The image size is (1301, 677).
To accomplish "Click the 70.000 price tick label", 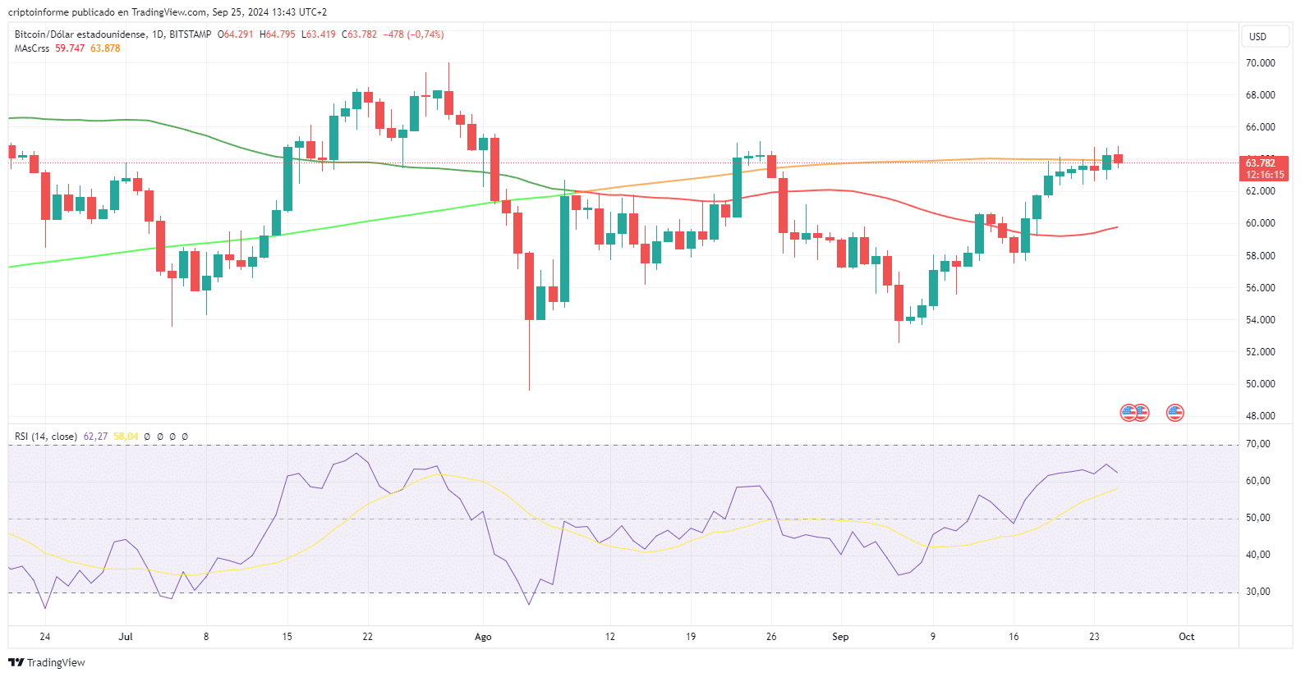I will pyautogui.click(x=1260, y=63).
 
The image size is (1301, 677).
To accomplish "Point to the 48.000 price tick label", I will pyautogui.click(x=1260, y=416).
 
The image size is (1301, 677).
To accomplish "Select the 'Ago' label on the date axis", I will pyautogui.click(x=483, y=637).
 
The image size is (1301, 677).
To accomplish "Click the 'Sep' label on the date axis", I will pyautogui.click(x=840, y=637).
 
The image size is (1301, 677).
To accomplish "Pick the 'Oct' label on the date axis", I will pyautogui.click(x=1186, y=637).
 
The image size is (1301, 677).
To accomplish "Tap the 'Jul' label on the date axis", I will pyautogui.click(x=126, y=637).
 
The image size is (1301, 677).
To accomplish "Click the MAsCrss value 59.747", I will pyautogui.click(x=70, y=48).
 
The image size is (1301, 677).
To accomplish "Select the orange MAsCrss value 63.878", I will pyautogui.click(x=105, y=48).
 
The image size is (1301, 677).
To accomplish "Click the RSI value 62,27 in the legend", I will pyautogui.click(x=95, y=437).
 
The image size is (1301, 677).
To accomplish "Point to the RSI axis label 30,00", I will pyautogui.click(x=1257, y=592).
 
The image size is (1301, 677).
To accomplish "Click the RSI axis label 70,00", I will pyautogui.click(x=1257, y=444).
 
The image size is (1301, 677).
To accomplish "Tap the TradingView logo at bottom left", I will pyautogui.click(x=47, y=662).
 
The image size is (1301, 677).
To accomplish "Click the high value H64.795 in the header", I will pyautogui.click(x=278, y=34).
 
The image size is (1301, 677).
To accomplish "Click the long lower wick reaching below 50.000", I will pyautogui.click(x=529, y=369).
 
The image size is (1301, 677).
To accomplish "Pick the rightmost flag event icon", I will pyautogui.click(x=1175, y=413).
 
